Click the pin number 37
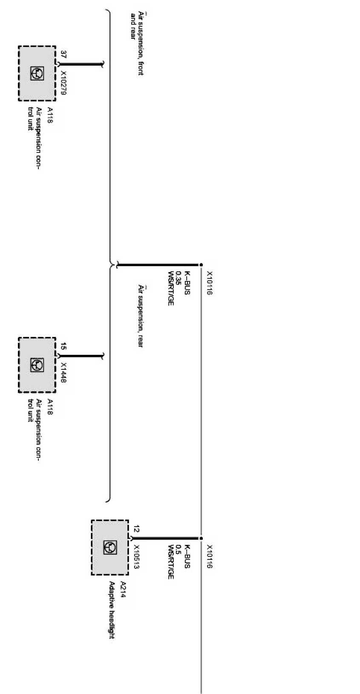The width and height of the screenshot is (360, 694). tap(63, 55)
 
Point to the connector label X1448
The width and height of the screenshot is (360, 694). tap(63, 372)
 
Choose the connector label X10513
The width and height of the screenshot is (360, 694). tap(137, 557)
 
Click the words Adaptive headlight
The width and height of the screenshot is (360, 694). tap(112, 610)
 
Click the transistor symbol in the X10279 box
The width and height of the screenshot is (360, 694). tap(37, 73)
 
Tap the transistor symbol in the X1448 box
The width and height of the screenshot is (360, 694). tap(37, 365)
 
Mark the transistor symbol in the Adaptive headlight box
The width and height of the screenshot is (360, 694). tap(110, 547)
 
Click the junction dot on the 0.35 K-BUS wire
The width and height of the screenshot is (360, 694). tap(201, 265)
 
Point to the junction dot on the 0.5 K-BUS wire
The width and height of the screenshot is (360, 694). tap(201, 538)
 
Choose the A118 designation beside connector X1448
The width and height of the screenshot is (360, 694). tap(50, 407)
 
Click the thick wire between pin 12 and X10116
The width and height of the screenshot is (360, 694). tap(166, 538)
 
